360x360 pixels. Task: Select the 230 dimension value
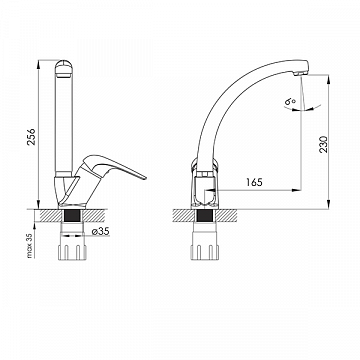click(323, 144)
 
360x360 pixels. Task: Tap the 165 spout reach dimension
click(254, 182)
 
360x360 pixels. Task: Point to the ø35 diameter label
click(100, 231)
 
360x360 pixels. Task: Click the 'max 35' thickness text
click(30, 245)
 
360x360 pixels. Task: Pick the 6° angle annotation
click(290, 101)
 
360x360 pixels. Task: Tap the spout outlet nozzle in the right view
click(299, 72)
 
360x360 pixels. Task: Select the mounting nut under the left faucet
click(72, 252)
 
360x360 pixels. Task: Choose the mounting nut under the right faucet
click(205, 252)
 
